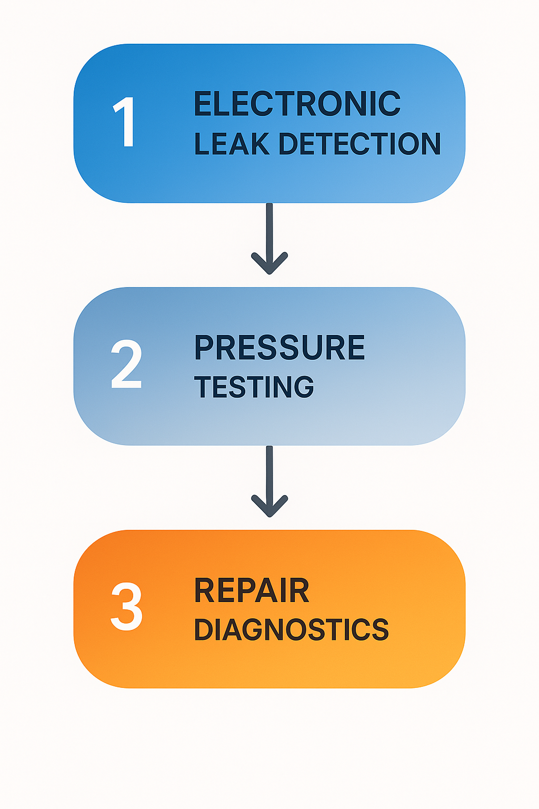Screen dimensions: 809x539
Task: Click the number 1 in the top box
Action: [125, 122]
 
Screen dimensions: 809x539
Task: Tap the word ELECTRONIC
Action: [297, 104]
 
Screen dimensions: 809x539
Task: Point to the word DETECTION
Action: [359, 144]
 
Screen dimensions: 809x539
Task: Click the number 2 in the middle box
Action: [126, 364]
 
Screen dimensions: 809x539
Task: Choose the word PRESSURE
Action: [280, 348]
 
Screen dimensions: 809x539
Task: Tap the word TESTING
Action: [254, 387]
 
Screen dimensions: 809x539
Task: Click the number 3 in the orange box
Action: [126, 607]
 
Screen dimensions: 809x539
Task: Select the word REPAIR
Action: [252, 590]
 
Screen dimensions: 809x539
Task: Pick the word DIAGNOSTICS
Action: [291, 630]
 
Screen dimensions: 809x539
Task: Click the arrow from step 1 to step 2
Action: [269, 237]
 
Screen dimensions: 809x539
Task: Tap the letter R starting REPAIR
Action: [204, 590]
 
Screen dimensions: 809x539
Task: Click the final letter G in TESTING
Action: [304, 387]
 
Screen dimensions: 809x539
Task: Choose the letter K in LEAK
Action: [261, 144]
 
